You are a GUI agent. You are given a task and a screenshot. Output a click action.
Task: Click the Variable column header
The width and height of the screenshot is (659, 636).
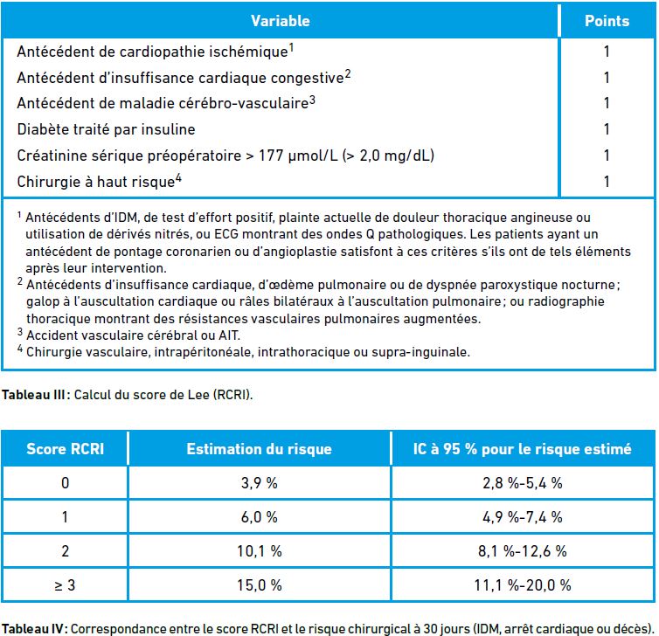click(x=281, y=21)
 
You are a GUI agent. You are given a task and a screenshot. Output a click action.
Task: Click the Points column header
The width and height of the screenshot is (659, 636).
click(x=607, y=21)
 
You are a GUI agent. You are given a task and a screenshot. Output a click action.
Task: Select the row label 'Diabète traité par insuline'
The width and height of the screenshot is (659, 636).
click(x=106, y=129)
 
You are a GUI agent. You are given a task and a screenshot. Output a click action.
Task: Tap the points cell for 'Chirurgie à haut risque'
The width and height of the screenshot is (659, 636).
click(x=607, y=182)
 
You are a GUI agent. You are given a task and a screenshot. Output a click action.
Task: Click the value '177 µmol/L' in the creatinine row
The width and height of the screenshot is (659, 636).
click(x=298, y=156)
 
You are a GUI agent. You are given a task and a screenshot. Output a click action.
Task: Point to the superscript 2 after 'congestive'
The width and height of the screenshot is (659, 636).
click(x=348, y=74)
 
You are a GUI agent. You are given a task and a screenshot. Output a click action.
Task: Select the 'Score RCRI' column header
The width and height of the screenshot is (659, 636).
click(x=66, y=449)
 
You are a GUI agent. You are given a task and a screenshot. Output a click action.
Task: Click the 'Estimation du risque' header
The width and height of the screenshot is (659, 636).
click(x=260, y=449)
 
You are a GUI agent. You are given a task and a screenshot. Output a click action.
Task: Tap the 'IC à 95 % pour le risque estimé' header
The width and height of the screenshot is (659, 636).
click(x=522, y=449)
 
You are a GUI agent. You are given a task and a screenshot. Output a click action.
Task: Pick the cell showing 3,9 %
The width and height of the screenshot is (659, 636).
click(x=260, y=483)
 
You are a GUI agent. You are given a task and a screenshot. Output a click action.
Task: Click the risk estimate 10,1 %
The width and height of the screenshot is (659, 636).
click(x=260, y=551)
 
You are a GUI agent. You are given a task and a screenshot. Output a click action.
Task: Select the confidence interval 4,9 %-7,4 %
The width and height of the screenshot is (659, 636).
click(x=523, y=517)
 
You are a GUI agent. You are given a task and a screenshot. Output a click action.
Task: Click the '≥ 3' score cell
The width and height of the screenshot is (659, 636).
click(x=66, y=585)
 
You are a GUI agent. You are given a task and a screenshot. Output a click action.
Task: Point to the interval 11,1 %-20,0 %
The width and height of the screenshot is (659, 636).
click(x=523, y=585)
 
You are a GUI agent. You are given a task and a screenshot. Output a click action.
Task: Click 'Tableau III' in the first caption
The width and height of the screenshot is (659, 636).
click(x=33, y=395)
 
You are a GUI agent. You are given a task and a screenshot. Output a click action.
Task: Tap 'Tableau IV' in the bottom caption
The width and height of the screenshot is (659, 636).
click(x=32, y=629)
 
